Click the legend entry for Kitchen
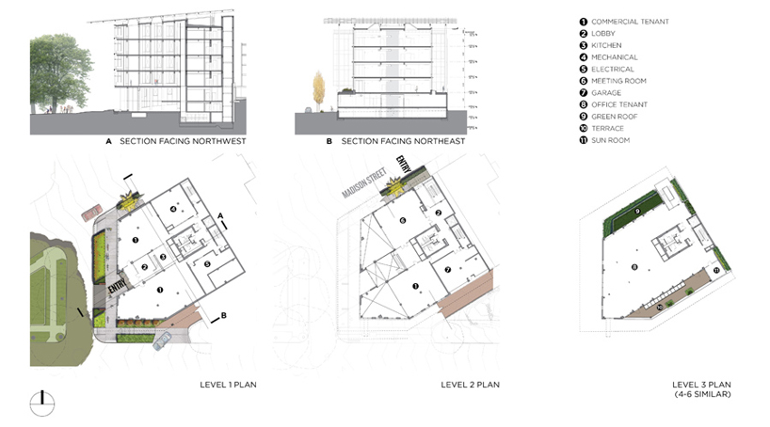(x=607, y=45)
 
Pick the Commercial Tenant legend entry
(x=629, y=22)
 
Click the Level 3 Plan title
(x=698, y=385)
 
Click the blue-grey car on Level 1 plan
(x=165, y=340)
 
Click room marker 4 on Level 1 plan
(x=171, y=208)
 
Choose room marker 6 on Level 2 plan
(x=404, y=221)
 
